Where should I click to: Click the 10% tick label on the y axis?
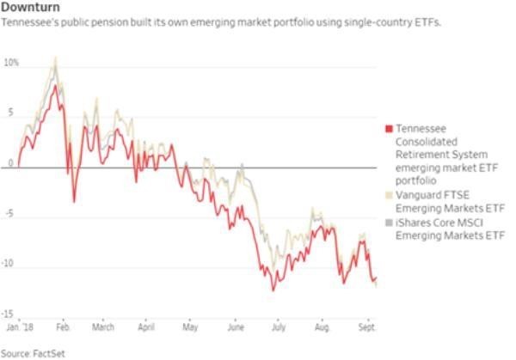pyautogui.click(x=10, y=64)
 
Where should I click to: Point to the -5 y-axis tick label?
pyautogui.click(x=10, y=216)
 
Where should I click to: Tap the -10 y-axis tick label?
pyautogui.click(x=9, y=265)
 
